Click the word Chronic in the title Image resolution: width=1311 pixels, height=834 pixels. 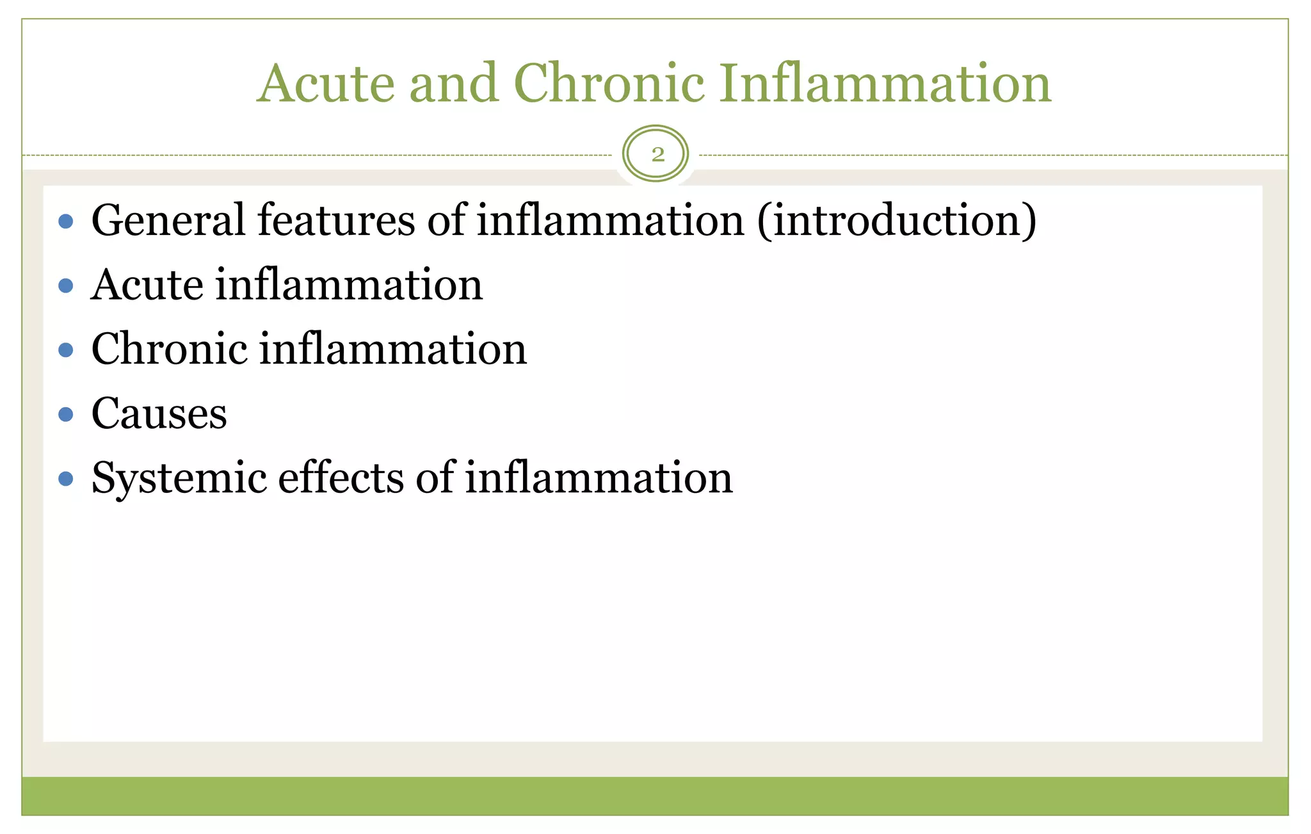(x=608, y=83)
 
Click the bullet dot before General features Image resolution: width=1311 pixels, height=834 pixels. (x=65, y=221)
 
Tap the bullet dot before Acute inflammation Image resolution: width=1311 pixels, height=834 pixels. (x=65, y=285)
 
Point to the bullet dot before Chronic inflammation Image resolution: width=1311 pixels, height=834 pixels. (x=65, y=350)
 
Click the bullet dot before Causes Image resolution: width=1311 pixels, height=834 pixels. (x=65, y=415)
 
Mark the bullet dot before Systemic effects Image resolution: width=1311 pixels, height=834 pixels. (x=65, y=479)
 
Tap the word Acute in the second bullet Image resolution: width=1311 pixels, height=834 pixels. (x=146, y=285)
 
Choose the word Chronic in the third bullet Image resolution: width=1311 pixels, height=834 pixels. (x=169, y=349)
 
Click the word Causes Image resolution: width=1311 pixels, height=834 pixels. (x=159, y=414)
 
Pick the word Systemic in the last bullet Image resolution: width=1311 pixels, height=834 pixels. (x=179, y=478)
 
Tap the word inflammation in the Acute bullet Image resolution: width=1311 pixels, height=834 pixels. (x=349, y=285)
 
